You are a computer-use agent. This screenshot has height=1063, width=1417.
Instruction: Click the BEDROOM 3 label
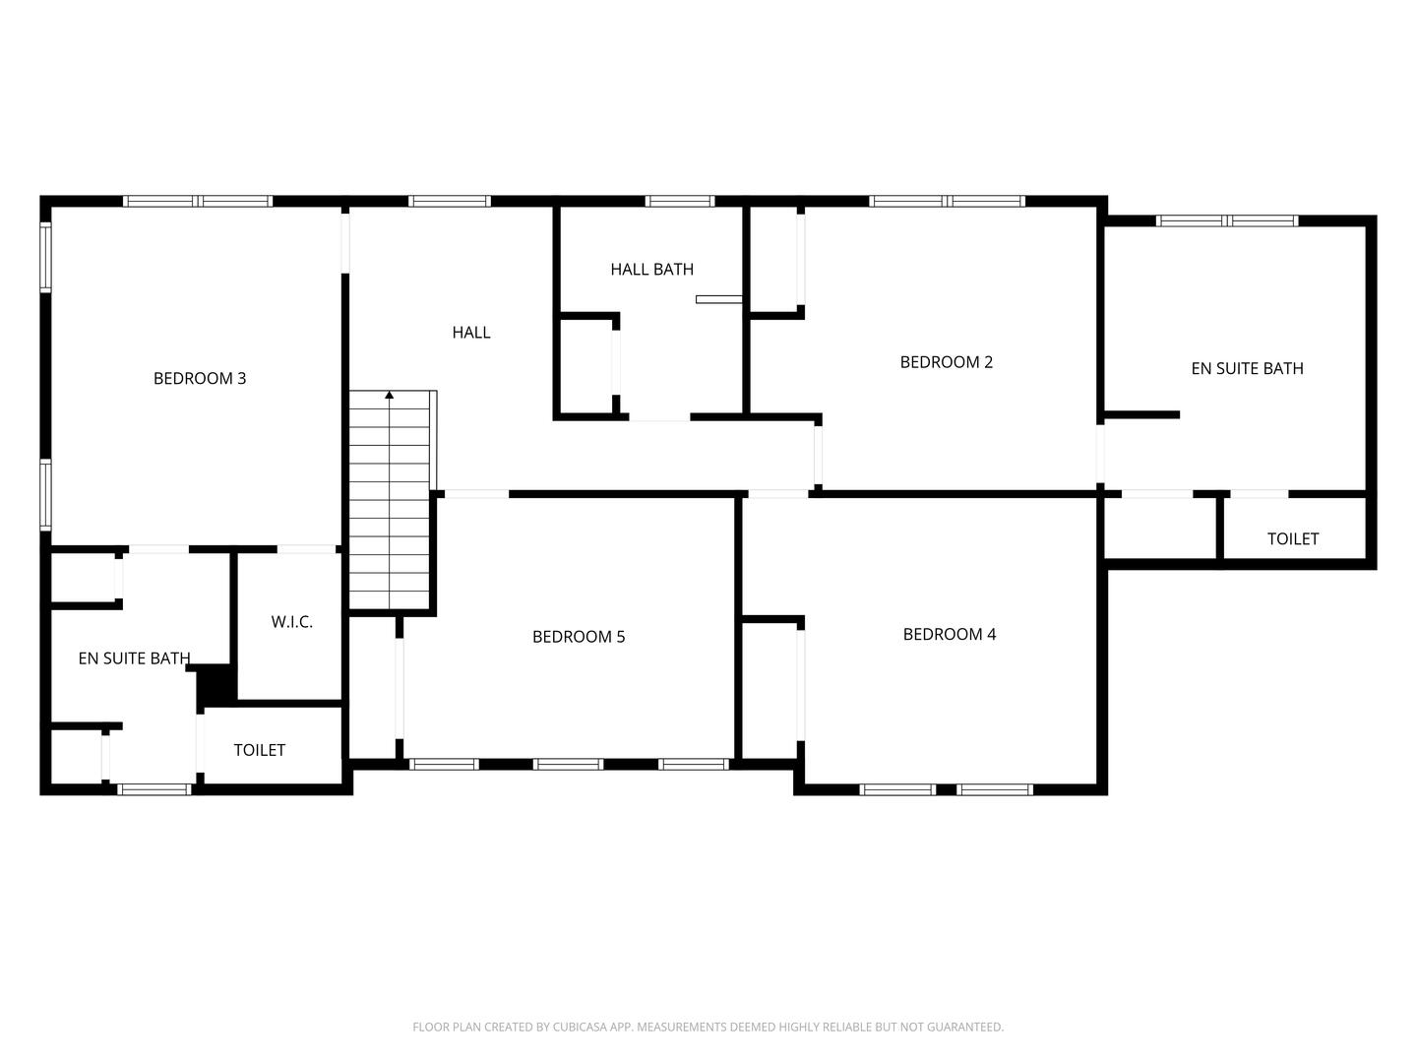tap(200, 378)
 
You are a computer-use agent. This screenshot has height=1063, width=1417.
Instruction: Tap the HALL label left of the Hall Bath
tap(471, 333)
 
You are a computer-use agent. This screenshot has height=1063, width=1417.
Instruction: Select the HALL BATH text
tap(651, 269)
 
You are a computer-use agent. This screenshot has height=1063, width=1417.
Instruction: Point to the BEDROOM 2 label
tap(947, 362)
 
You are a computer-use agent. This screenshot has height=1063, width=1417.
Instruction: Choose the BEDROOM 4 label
tap(950, 634)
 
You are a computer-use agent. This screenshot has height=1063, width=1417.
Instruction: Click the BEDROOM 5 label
tap(579, 637)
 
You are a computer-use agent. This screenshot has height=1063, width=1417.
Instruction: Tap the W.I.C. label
tap(292, 622)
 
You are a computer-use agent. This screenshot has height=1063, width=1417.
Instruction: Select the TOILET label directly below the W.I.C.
tap(260, 750)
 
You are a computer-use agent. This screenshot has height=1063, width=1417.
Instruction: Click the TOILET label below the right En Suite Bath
tap(1293, 538)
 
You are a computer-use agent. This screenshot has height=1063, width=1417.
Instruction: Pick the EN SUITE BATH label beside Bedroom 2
tap(1247, 368)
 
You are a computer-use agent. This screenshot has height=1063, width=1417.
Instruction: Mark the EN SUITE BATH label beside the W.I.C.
tap(134, 658)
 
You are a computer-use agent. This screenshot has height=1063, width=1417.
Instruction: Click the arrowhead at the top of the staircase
tap(390, 395)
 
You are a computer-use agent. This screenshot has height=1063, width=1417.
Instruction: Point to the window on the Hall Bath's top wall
tap(680, 201)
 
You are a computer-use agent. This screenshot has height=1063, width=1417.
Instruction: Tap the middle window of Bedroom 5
tap(569, 764)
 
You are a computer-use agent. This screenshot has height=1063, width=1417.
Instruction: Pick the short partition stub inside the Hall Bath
tap(718, 299)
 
